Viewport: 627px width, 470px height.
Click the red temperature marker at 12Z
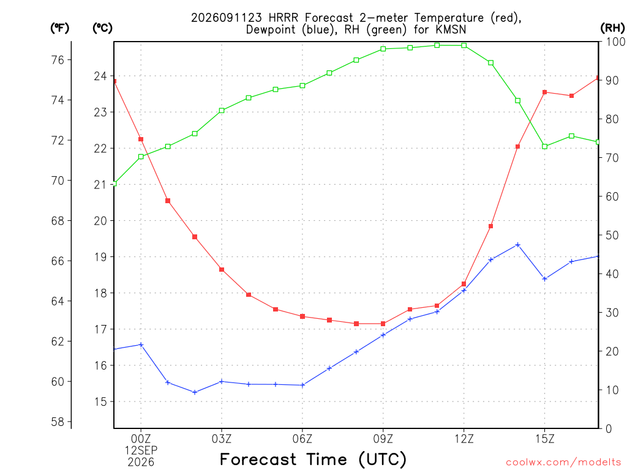pos(464,284)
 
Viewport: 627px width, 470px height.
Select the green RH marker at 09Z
pos(383,49)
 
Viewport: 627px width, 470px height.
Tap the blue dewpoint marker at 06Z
pos(302,385)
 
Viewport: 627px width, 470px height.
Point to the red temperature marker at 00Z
pos(141,139)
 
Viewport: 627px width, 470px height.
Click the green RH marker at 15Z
pos(544,146)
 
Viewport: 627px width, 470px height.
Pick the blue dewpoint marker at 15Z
pos(544,278)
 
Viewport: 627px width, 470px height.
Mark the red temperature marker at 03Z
pos(222,269)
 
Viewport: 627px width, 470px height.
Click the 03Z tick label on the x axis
pos(222,439)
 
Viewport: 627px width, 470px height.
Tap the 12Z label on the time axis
pos(464,439)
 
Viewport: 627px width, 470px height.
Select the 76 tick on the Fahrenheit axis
pos(58,60)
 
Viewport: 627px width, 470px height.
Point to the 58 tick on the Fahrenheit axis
pos(58,422)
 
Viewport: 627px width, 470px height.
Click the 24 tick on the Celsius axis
pos(100,76)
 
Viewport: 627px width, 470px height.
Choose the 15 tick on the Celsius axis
pos(100,401)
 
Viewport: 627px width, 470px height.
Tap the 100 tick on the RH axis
pos(616,42)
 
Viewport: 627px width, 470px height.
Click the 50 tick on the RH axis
pos(612,235)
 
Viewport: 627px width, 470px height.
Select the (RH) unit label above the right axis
pos(612,28)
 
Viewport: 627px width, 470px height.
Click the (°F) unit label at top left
pos(59,28)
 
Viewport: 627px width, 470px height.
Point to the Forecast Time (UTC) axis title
pos(313,459)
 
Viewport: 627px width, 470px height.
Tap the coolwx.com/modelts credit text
pos(563,462)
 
